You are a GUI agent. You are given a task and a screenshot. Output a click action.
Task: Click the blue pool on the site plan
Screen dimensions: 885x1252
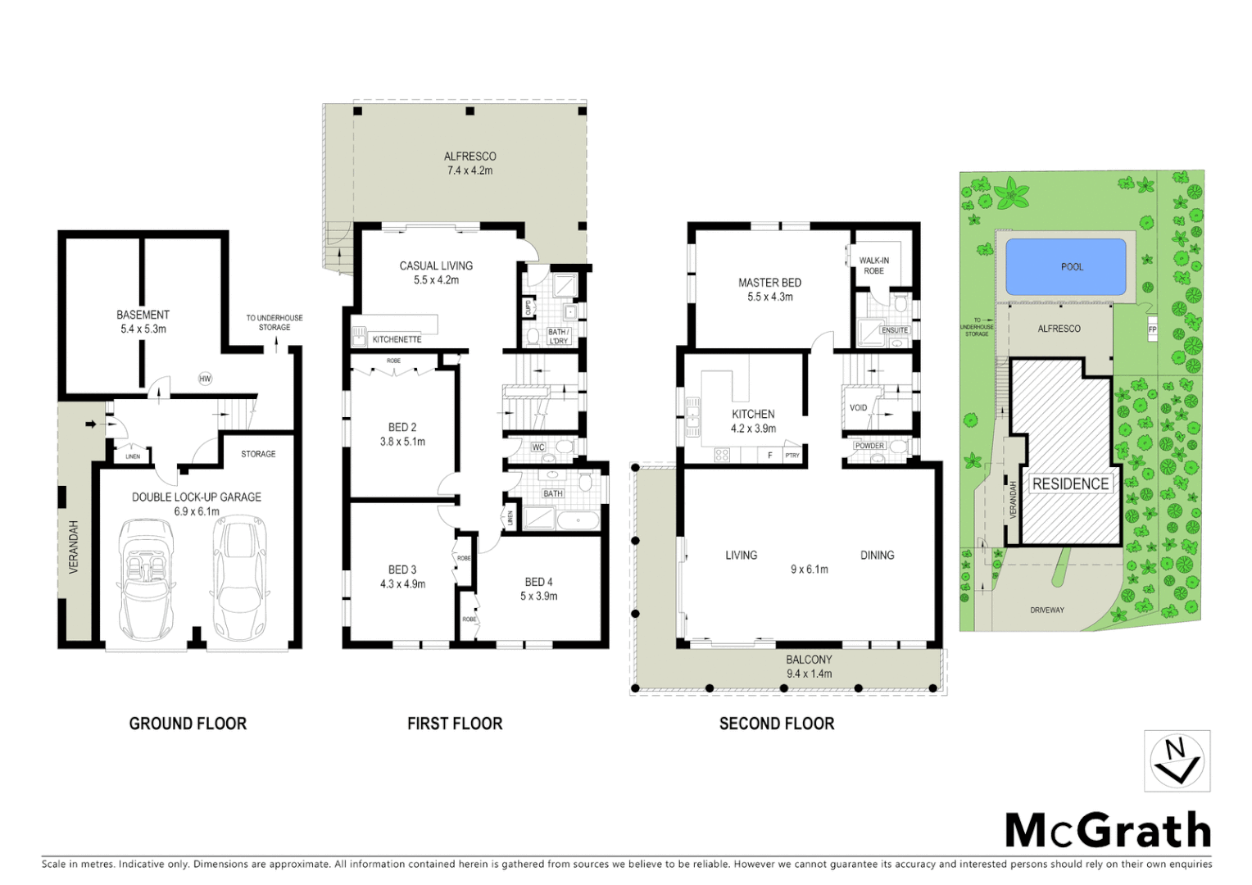click(1065, 266)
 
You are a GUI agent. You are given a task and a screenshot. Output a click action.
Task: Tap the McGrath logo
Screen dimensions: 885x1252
click(1108, 830)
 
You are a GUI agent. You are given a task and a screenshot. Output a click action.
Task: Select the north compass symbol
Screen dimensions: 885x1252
click(1177, 761)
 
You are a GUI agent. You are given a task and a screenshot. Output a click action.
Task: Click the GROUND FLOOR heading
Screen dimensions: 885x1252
click(188, 724)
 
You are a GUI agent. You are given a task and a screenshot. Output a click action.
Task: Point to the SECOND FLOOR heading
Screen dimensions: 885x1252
click(777, 724)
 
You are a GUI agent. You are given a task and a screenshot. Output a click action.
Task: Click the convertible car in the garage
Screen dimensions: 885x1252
click(146, 579)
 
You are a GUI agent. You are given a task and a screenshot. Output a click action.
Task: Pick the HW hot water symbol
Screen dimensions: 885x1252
click(205, 379)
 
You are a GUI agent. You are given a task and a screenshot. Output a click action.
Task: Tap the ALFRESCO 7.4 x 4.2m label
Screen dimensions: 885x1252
click(469, 163)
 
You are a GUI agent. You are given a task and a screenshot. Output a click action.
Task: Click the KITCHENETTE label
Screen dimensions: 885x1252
click(397, 339)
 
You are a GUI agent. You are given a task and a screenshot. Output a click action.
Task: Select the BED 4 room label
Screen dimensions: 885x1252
click(538, 588)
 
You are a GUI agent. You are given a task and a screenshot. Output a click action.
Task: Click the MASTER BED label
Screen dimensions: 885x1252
click(769, 289)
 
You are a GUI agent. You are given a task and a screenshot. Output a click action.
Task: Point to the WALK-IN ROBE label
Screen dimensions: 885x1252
click(873, 265)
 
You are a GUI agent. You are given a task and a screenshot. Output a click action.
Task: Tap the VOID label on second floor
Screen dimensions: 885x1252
click(858, 407)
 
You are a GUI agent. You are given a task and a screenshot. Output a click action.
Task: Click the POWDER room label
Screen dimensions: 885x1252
click(869, 446)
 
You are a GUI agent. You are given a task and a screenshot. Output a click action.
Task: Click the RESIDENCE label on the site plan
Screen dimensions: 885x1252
click(1070, 483)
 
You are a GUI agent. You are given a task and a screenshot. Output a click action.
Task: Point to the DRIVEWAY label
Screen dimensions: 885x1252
click(1046, 610)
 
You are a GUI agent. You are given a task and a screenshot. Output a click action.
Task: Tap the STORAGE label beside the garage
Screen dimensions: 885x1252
click(258, 454)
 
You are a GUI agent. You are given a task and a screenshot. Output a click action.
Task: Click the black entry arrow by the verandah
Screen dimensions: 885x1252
click(90, 424)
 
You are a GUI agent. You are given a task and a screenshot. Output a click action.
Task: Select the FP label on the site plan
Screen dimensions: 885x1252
click(1152, 329)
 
